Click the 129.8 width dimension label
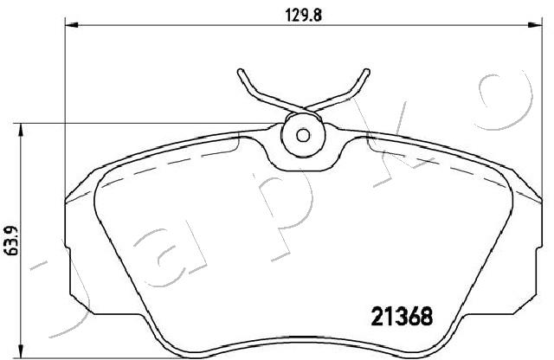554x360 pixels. pos(303,16)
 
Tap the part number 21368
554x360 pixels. pos(402,316)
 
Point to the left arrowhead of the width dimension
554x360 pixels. pos(71,25)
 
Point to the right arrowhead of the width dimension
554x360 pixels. pos(535,25)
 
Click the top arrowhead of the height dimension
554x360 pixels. pos(22,130)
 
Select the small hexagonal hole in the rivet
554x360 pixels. pos(303,135)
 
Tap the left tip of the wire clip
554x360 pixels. pos(241,71)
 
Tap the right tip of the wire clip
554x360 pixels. pos(367,71)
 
